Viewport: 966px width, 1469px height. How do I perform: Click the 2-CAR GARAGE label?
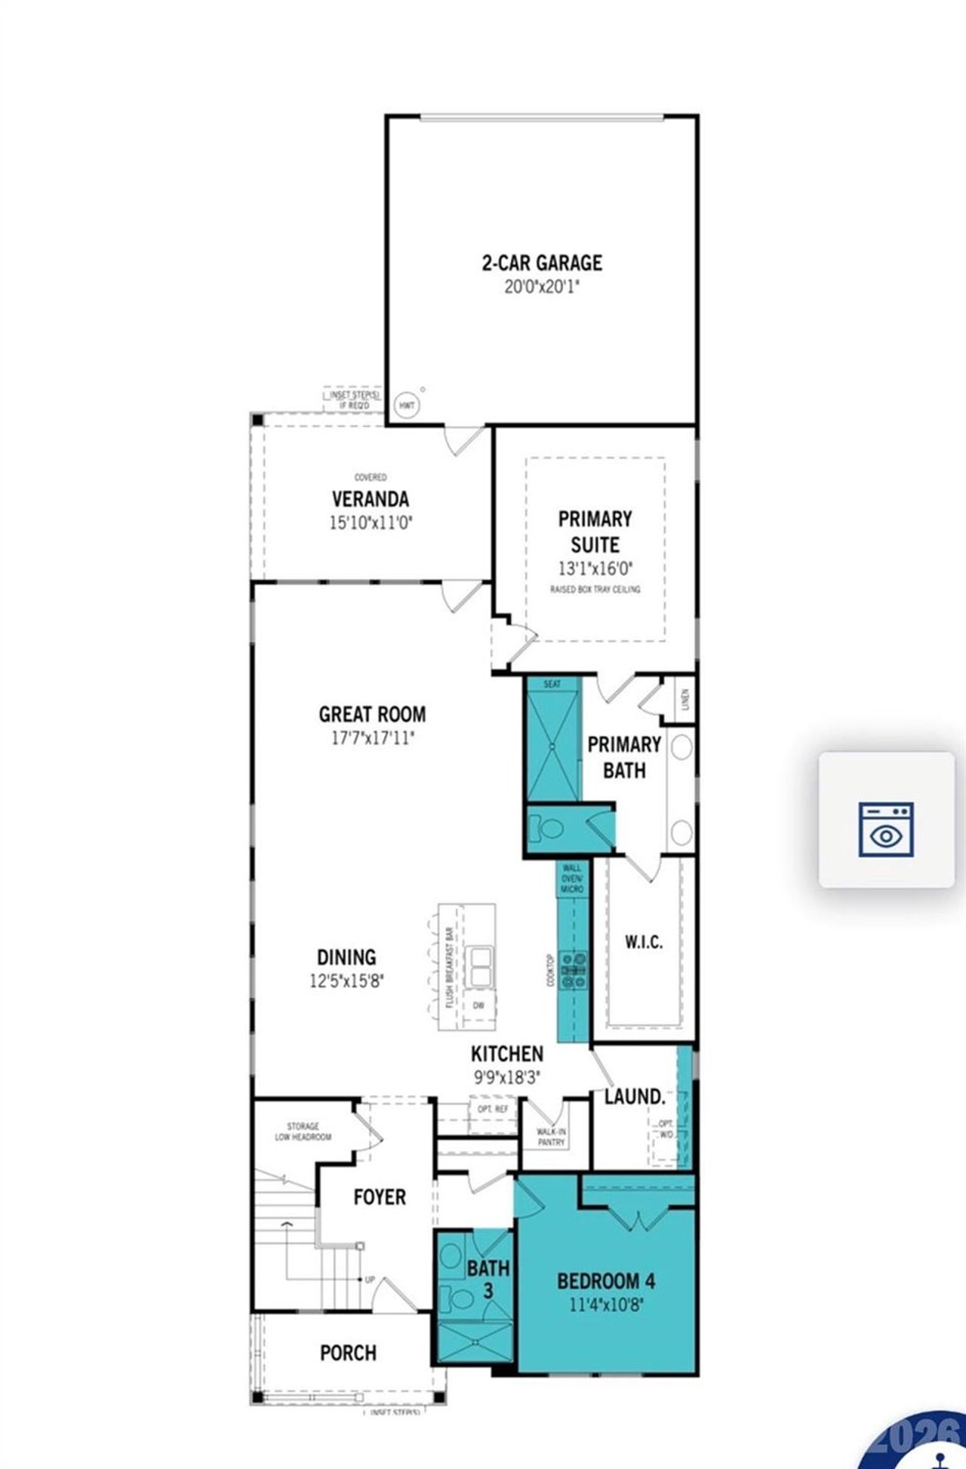(x=542, y=263)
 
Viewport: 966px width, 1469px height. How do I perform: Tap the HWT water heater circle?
(x=407, y=406)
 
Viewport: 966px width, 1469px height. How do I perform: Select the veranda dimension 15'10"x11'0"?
(x=371, y=523)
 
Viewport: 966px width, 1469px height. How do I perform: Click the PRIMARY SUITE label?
(x=595, y=532)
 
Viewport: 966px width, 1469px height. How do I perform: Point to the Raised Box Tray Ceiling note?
(x=595, y=589)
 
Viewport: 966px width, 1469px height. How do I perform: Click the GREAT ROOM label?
(x=372, y=714)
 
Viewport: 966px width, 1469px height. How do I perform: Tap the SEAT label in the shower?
(x=552, y=684)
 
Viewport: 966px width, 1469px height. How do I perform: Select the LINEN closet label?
(x=685, y=699)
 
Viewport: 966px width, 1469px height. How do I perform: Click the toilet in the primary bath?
(x=549, y=830)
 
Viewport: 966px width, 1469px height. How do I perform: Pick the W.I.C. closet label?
(x=644, y=942)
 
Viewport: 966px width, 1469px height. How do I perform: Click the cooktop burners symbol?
(x=574, y=971)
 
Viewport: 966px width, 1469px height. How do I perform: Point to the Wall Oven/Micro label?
(x=571, y=879)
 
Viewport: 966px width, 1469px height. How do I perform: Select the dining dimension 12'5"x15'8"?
(x=346, y=981)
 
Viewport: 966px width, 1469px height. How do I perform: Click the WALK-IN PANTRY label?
(x=551, y=1137)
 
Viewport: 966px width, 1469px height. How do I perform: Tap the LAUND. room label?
(x=635, y=1096)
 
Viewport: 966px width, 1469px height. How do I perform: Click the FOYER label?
(x=380, y=1197)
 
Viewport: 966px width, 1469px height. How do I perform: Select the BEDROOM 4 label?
(x=606, y=1280)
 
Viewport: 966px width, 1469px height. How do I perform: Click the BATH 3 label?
(x=488, y=1279)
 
